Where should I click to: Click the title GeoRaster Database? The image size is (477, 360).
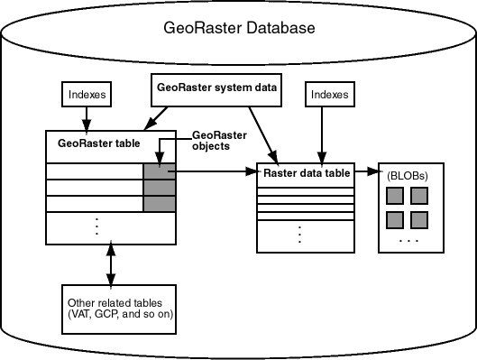239,27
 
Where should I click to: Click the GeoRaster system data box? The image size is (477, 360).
214,88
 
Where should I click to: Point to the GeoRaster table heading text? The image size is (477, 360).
95,142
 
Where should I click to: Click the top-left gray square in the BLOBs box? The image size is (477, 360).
394,196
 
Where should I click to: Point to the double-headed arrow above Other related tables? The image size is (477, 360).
110,263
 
